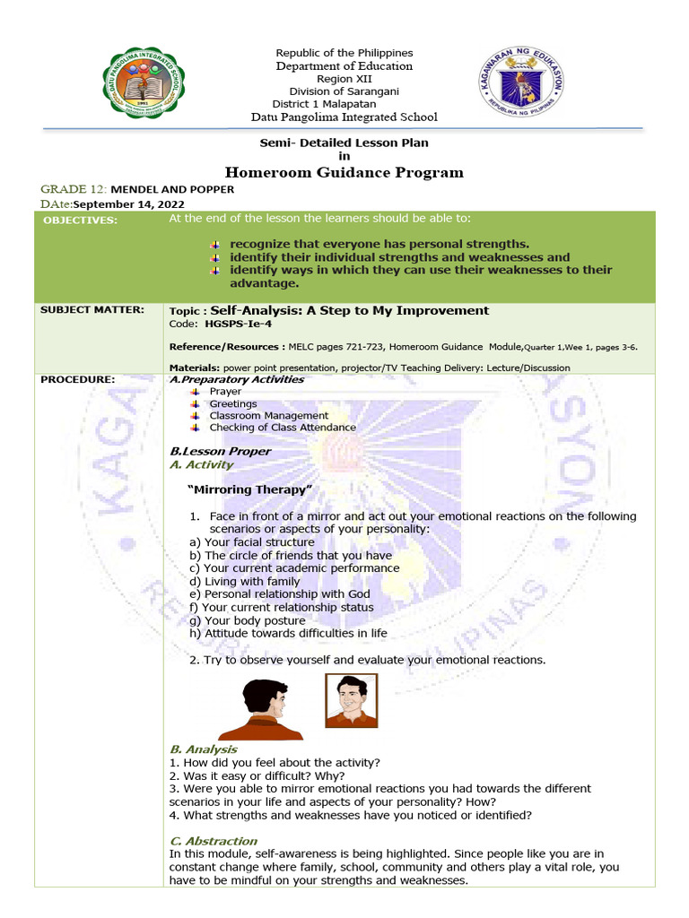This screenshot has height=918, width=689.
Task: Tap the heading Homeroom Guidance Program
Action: click(x=344, y=172)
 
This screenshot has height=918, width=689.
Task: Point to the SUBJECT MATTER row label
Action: click(x=92, y=309)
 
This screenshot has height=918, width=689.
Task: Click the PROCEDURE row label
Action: click(x=78, y=379)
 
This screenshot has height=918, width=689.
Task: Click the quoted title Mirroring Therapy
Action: click(x=250, y=489)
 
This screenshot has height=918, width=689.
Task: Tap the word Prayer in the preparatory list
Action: click(x=225, y=392)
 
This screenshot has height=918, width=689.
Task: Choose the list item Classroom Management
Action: click(x=268, y=416)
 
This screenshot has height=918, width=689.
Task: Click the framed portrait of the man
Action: click(x=351, y=700)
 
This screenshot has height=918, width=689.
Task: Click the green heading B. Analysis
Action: click(x=204, y=749)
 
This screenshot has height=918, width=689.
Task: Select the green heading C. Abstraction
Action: click(x=213, y=841)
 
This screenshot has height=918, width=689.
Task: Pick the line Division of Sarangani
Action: click(x=344, y=91)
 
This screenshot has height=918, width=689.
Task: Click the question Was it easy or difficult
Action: click(x=257, y=775)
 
